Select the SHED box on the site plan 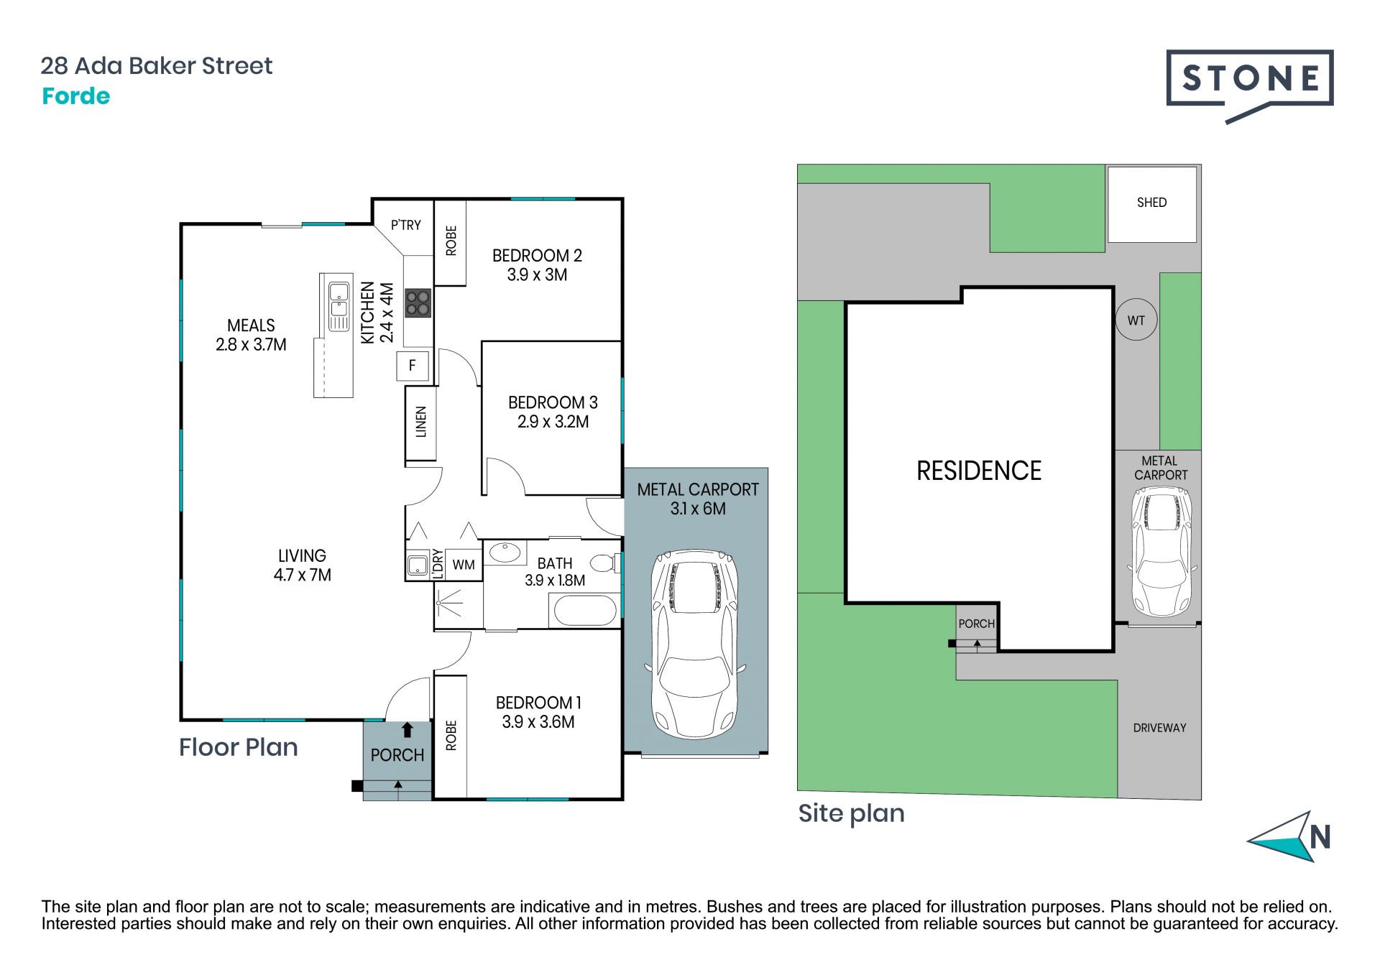(x=1151, y=204)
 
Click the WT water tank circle (x=1136, y=320)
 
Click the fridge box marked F (x=413, y=366)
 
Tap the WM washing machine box (x=464, y=565)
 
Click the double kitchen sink (x=339, y=306)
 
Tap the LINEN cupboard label (x=421, y=422)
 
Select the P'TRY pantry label (x=406, y=225)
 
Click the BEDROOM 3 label (x=553, y=402)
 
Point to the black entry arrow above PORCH (x=407, y=730)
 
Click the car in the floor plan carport (x=695, y=644)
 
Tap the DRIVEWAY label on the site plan (x=1159, y=728)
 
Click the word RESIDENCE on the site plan (x=979, y=471)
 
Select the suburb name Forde (x=75, y=96)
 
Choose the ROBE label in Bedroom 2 (x=451, y=241)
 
